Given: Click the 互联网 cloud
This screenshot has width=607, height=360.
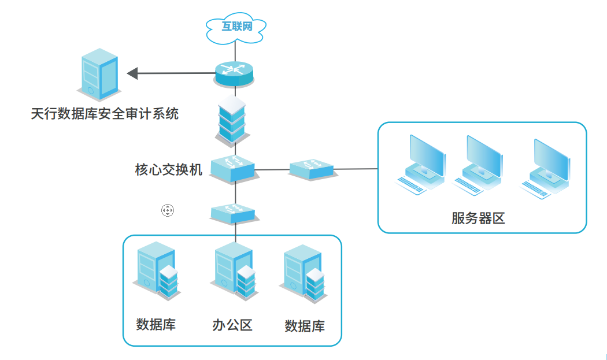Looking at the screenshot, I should pos(236,27).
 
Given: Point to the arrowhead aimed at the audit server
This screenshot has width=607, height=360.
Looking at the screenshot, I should pos(132,73).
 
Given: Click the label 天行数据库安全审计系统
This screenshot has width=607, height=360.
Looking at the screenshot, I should pos(105,113).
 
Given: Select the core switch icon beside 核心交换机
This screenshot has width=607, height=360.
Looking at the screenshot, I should pos(232,168).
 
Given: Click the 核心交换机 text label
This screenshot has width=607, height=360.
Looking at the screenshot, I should pos(168,169).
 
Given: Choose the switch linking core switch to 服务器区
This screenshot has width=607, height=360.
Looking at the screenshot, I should pos(312,169).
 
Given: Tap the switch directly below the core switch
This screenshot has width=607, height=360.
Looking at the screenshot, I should pos(233,213).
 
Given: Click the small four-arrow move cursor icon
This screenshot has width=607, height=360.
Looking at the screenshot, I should pos(167,210).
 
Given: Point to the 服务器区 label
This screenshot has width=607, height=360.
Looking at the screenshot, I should pos(478,218).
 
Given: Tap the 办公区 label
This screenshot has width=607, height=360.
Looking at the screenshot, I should pos(232,325).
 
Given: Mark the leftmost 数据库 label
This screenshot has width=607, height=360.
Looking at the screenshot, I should pos(156,324).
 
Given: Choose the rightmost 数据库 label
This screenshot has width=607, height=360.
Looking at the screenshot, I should pos(305,326).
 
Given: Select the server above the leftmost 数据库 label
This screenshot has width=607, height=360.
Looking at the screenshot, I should pos(157,270).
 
